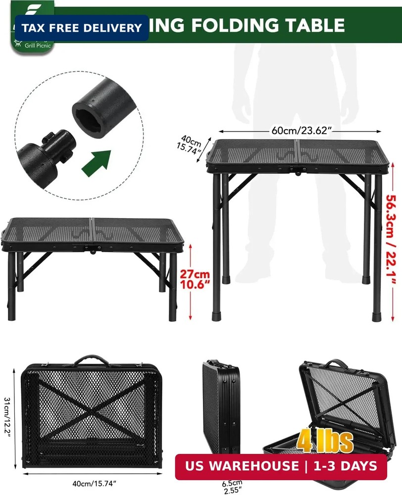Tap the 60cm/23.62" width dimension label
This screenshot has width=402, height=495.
click(x=301, y=131)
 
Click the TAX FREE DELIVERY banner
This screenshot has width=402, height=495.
click(x=82, y=28)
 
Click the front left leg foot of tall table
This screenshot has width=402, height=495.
click(x=216, y=314)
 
